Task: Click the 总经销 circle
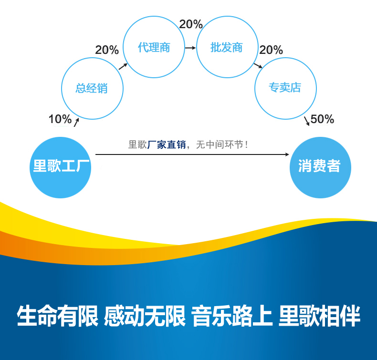pos(92,88)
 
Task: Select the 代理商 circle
pos(154,47)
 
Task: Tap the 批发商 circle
pos(227,47)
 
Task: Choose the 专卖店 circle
pos(285,88)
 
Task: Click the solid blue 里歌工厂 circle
pos(61,167)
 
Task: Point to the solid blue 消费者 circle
pos(320,167)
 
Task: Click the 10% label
pos(60,119)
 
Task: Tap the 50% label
pos(322,119)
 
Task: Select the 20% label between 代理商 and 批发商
pos(191,24)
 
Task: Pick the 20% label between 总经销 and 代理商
pos(107,50)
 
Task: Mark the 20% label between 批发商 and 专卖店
pos(271,50)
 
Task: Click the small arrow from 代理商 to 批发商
pos(190,48)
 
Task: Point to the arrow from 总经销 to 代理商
pos(123,66)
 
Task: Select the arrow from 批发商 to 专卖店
pos(258,66)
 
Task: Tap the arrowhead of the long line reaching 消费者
pos(287,154)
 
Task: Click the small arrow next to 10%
pos(76,122)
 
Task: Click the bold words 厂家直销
pos(167,144)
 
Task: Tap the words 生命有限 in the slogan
pos(57,316)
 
